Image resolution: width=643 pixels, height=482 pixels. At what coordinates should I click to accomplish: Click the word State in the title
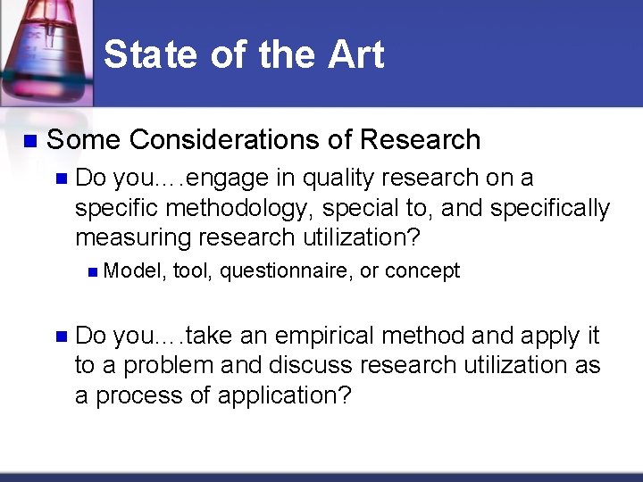150,54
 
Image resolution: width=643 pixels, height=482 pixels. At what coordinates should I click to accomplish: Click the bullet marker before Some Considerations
29,140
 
